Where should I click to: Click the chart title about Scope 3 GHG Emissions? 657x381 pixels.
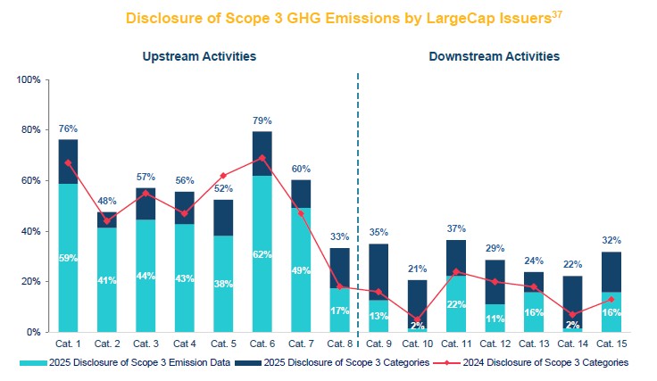pyautogui.click(x=321, y=18)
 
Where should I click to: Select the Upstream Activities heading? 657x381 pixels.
pyautogui.click(x=200, y=55)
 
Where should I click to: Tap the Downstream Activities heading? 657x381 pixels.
pyautogui.click(x=494, y=55)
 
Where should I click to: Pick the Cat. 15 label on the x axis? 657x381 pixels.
pyautogui.click(x=611, y=343)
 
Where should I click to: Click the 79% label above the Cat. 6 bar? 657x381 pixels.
pyautogui.click(x=262, y=120)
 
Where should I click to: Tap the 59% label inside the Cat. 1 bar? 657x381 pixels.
pyautogui.click(x=68, y=259)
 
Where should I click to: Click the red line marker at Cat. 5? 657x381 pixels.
pyautogui.click(x=222, y=176)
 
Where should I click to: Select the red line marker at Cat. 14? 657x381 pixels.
pyautogui.click(x=571, y=314)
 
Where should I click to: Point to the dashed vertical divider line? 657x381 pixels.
pyautogui.click(x=358, y=205)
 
